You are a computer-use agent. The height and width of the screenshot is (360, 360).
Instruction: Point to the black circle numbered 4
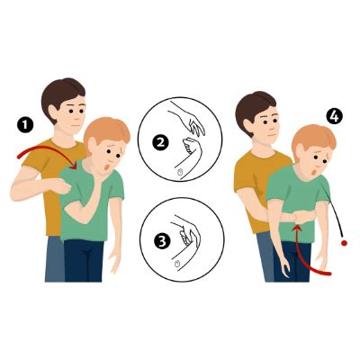[335, 117]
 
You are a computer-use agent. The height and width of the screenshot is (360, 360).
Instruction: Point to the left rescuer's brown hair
[63, 93]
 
